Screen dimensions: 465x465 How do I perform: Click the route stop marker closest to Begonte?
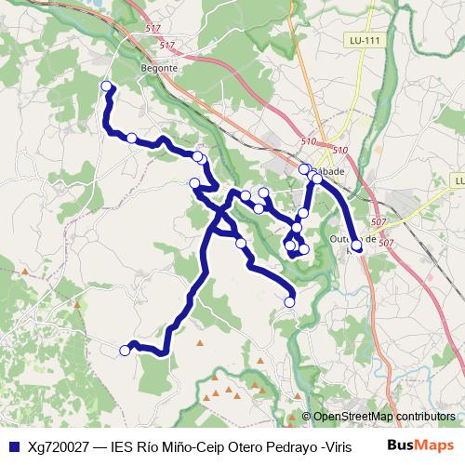click(x=106, y=86)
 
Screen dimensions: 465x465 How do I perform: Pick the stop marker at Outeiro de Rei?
click(x=357, y=246)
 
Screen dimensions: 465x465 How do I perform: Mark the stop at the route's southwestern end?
click(x=126, y=351)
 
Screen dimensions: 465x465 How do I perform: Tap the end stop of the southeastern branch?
click(x=289, y=301)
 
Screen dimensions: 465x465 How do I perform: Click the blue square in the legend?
click(x=13, y=444)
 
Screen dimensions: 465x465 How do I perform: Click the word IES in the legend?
click(x=122, y=444)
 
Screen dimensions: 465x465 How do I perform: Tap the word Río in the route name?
click(x=151, y=444)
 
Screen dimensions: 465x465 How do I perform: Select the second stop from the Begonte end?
click(x=132, y=139)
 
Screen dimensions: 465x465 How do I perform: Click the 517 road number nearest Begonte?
click(x=166, y=45)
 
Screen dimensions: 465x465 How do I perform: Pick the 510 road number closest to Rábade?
click(x=339, y=151)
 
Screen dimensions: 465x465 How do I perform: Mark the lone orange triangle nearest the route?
click(x=199, y=342)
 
